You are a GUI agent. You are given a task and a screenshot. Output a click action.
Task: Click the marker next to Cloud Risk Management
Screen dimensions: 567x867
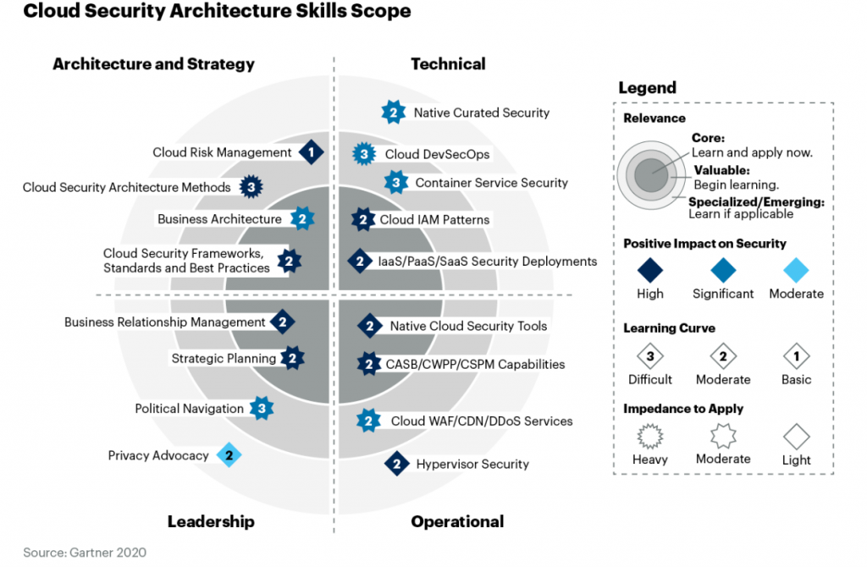pyautogui.click(x=312, y=152)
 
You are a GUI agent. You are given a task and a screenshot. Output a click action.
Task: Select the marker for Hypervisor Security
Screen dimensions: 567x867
pyautogui.click(x=396, y=464)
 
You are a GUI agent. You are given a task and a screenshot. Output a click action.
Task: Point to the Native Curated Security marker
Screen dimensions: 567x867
pyautogui.click(x=393, y=112)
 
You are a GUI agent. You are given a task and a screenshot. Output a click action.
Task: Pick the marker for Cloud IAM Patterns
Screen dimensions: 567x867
pyautogui.click(x=362, y=220)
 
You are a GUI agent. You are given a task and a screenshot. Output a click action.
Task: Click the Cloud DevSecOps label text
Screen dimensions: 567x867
pyautogui.click(x=437, y=154)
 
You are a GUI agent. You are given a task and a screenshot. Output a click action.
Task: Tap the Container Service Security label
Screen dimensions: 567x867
pyautogui.click(x=491, y=183)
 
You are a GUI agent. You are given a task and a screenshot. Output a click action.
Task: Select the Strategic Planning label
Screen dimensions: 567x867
pyautogui.click(x=224, y=359)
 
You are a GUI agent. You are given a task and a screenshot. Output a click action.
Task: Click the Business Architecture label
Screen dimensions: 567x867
pyautogui.click(x=219, y=219)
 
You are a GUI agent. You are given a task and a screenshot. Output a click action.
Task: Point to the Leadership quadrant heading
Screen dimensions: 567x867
pyautogui.click(x=211, y=521)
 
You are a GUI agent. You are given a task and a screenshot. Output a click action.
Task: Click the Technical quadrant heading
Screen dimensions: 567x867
pyautogui.click(x=448, y=63)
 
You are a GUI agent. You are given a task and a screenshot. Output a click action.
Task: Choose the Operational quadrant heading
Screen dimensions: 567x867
pyautogui.click(x=457, y=521)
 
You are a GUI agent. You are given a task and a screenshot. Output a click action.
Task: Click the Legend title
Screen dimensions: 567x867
pyautogui.click(x=647, y=87)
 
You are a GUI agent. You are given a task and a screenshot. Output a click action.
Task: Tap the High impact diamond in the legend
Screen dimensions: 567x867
pyautogui.click(x=650, y=270)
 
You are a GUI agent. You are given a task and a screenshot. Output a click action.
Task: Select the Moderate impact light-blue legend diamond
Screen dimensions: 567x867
pyautogui.click(x=796, y=270)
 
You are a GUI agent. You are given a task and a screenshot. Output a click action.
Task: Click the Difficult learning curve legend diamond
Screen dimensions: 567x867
pyautogui.click(x=650, y=355)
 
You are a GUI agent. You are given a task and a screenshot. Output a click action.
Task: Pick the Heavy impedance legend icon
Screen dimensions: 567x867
pyautogui.click(x=650, y=437)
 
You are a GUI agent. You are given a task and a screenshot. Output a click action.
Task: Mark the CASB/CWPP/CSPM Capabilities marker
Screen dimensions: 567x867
pyautogui.click(x=368, y=365)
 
